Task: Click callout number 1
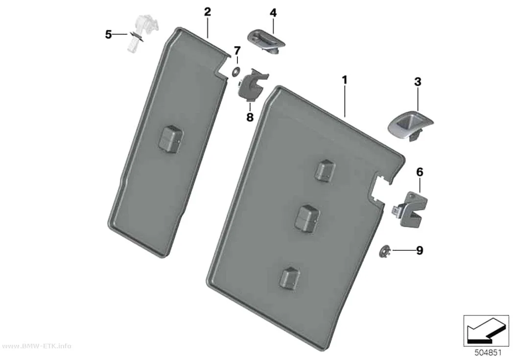point(344,80)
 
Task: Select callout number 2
point(207,12)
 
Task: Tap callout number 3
point(417,82)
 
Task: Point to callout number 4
point(273,13)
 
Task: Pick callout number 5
point(109,34)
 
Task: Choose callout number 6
point(420,172)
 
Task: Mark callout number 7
point(237,51)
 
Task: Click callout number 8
point(250,117)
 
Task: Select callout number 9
point(420,250)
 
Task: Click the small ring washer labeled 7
point(235,72)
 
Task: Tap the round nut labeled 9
point(384,251)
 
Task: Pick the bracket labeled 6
point(410,210)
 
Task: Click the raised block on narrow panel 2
point(171,139)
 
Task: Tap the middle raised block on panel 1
point(307,218)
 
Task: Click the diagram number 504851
point(488,353)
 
